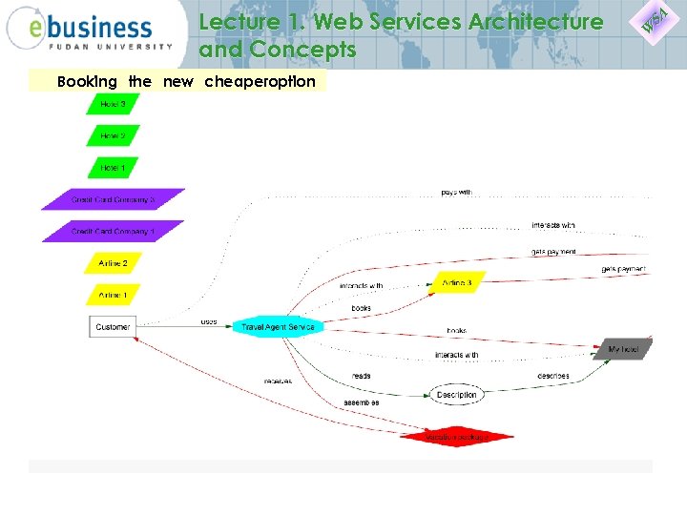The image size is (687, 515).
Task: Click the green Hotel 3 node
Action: click(113, 104)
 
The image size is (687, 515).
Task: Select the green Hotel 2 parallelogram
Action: click(113, 136)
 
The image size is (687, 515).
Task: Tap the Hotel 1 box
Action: click(113, 168)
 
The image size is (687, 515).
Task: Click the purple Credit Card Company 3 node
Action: click(113, 200)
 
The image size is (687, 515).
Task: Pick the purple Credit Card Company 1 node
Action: click(113, 232)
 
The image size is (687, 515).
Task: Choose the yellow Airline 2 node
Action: click(113, 263)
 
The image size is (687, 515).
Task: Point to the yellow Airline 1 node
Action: click(113, 296)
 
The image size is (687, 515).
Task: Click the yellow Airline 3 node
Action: click(456, 283)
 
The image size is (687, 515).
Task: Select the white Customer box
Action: click(113, 327)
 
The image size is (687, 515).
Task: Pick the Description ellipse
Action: click(456, 395)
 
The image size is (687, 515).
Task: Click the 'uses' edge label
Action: click(208, 322)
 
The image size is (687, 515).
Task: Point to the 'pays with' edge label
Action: click(456, 193)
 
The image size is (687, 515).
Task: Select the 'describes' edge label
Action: click(553, 376)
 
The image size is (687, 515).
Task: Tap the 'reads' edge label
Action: click(361, 376)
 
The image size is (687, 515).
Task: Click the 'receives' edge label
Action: click(278, 381)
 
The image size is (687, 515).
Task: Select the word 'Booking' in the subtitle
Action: click(88, 81)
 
